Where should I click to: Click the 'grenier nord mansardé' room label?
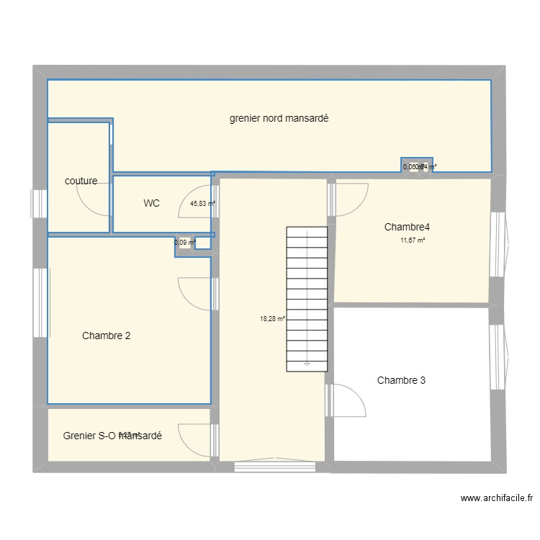click(x=279, y=119)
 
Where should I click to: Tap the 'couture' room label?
click(x=81, y=181)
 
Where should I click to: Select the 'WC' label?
click(x=151, y=204)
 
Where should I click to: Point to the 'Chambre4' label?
click(x=407, y=228)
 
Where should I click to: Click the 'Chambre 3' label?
click(x=401, y=380)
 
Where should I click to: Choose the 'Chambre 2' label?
click(x=106, y=336)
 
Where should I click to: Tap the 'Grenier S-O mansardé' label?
click(x=112, y=436)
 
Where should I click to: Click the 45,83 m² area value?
click(x=202, y=204)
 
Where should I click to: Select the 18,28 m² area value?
click(x=272, y=318)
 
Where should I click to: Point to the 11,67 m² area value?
click(x=413, y=241)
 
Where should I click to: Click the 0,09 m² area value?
click(x=184, y=243)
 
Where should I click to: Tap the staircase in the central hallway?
click(x=307, y=299)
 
